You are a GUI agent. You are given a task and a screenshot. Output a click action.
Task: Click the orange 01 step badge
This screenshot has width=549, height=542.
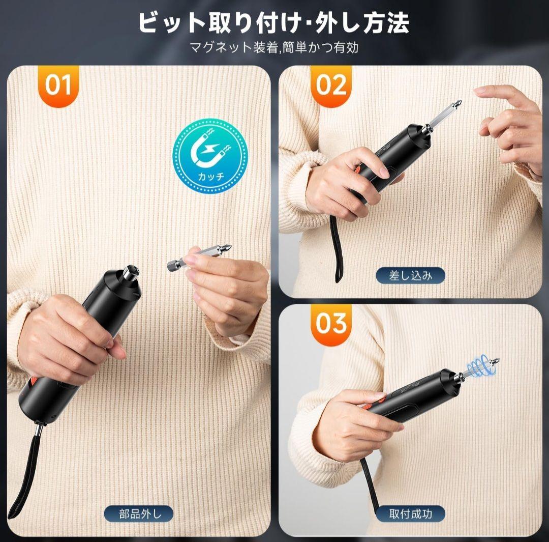[58, 85]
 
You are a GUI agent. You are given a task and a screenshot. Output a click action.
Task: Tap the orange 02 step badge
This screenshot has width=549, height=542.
[330, 85]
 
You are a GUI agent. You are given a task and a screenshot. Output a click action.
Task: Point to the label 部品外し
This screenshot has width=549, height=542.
[139, 514]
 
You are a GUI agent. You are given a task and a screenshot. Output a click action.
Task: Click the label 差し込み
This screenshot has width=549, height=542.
[410, 275]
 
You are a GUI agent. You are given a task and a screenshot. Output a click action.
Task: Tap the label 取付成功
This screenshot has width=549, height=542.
[410, 514]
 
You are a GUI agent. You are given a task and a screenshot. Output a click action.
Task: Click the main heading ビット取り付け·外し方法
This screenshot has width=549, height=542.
[274, 23]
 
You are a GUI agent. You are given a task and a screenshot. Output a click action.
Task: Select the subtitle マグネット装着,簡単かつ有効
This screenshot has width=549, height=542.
[274, 47]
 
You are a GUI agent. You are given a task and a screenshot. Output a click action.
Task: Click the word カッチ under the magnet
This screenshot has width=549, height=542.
[211, 176]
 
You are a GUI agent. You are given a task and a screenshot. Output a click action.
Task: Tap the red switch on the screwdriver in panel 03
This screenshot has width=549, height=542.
[380, 397]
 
